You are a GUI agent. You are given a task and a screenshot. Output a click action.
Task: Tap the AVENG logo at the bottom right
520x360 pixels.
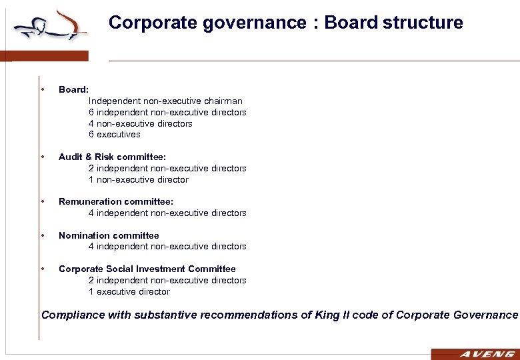475,354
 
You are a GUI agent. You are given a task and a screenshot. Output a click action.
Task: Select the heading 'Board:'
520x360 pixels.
73,89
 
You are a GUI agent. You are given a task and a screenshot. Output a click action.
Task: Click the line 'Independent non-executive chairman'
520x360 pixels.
165,101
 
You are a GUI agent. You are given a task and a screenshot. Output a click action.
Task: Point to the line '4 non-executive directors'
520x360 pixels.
140,123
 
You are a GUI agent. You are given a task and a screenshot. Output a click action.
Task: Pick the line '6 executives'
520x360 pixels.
114,134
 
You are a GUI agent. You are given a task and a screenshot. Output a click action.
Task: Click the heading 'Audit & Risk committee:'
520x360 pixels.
112,157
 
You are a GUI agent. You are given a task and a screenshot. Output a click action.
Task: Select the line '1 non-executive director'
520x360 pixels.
138,179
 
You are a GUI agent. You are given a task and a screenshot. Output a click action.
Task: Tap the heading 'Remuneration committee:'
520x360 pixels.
116,201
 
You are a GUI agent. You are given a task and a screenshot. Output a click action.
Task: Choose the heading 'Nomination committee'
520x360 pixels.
109,235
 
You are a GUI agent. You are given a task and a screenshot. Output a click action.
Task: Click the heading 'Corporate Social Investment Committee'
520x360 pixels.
147,269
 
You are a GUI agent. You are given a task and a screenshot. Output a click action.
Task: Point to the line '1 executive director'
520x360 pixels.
129,291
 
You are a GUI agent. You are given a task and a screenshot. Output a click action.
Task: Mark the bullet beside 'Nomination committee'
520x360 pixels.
43,235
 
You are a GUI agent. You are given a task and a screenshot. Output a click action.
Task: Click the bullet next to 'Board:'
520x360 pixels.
43,89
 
